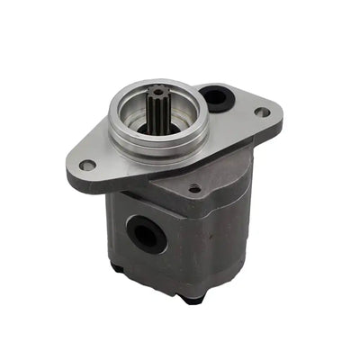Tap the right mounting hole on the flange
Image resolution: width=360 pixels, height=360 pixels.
(262, 112)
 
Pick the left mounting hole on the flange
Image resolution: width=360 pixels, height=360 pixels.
(87, 166)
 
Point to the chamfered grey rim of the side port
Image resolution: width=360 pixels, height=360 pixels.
(130, 226)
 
